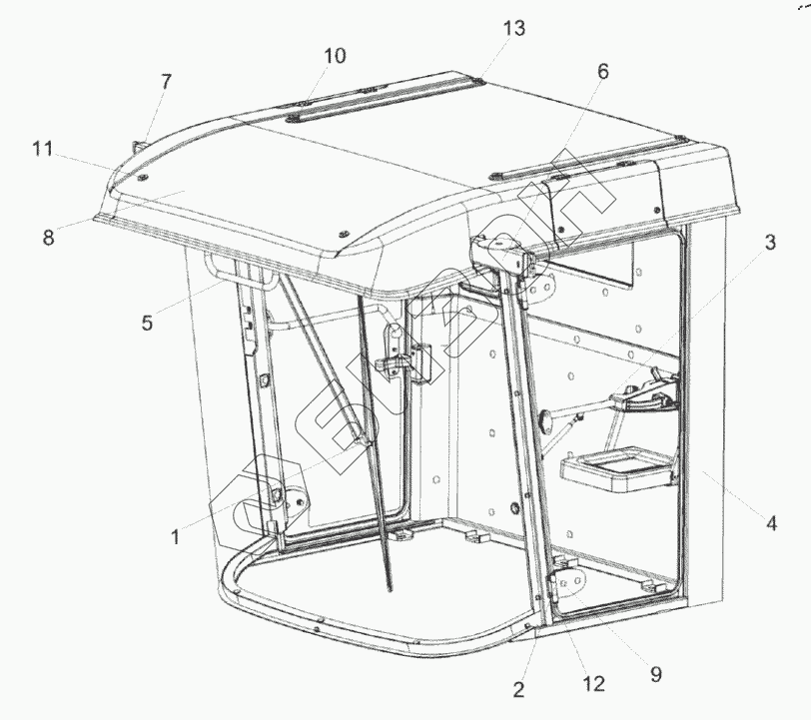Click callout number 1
pyautogui.click(x=175, y=536)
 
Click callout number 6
pyautogui.click(x=602, y=72)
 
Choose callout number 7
pyautogui.click(x=166, y=82)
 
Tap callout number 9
pyautogui.click(x=655, y=674)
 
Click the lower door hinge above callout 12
pyautogui.click(x=566, y=580)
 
